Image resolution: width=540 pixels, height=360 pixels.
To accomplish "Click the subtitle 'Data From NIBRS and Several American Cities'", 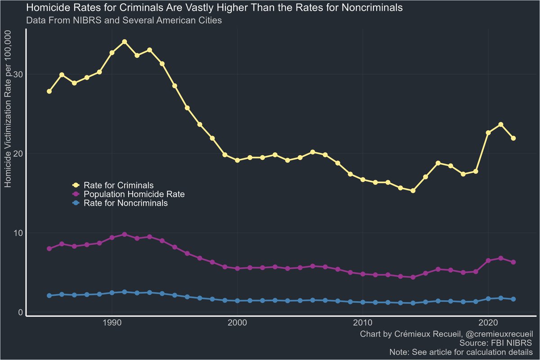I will (x=124, y=20).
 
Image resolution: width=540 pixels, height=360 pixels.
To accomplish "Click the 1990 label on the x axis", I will (x=112, y=324).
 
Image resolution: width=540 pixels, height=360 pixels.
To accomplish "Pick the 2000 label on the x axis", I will (x=237, y=324).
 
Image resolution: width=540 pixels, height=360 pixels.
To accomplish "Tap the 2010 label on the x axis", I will (x=363, y=324).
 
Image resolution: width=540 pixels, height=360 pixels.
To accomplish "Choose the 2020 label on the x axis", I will (x=488, y=324).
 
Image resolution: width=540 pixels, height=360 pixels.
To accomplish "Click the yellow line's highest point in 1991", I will (x=125, y=42).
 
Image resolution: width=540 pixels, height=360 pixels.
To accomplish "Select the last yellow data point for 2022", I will (x=513, y=138).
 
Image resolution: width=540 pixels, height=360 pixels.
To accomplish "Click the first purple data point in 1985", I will (x=49, y=248).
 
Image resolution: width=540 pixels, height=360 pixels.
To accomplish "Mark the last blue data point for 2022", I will (x=513, y=299).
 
